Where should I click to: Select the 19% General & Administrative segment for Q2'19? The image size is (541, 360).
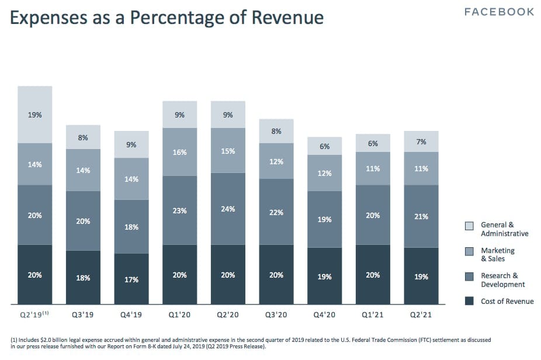point(35,115)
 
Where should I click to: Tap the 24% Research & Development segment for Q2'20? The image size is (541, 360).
point(228,209)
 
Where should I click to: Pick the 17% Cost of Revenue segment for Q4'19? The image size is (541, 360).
point(131,279)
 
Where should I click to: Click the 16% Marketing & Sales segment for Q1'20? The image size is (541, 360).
point(180,152)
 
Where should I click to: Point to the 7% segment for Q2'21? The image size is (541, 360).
point(421,141)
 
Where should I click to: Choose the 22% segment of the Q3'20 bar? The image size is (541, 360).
point(276,212)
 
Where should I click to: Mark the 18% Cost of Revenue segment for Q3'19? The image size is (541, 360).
point(83,277)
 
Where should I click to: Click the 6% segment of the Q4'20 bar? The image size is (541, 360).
point(325,147)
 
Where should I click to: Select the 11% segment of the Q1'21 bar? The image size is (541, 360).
point(373,168)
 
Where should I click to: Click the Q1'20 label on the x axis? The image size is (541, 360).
point(180,314)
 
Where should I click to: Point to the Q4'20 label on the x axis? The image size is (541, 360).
point(325,314)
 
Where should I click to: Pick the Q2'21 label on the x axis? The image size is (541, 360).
point(421,314)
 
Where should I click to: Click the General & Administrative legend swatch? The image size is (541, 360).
point(469,226)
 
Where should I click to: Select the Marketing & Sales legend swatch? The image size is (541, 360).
point(469,251)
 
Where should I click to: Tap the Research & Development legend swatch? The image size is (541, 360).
point(469,276)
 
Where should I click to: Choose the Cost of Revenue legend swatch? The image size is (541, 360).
point(469,302)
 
